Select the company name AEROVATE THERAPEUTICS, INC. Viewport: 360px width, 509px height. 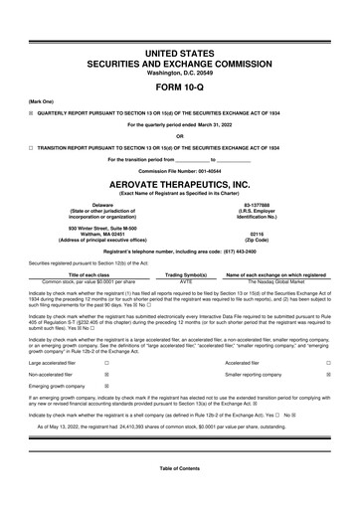click(x=179, y=185)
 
